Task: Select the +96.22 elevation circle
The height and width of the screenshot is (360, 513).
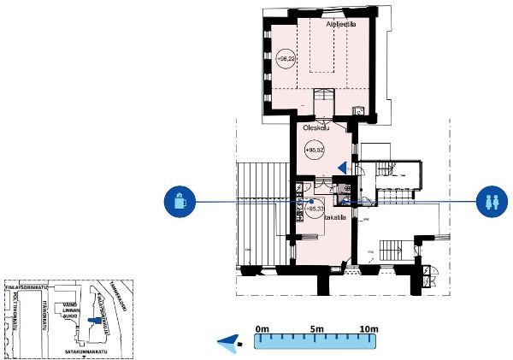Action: tap(286, 58)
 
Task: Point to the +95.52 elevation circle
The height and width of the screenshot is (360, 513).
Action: tap(315, 150)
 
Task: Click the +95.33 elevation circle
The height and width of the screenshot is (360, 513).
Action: tap(315, 206)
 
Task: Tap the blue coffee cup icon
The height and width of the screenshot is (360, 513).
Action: tap(180, 202)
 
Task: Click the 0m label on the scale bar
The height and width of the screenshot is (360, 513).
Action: tap(262, 328)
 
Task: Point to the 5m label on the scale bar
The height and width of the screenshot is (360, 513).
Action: tap(316, 328)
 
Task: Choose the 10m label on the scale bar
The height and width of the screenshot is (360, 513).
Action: tap(369, 328)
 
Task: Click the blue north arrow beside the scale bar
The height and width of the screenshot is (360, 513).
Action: tap(229, 343)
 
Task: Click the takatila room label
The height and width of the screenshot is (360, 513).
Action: tap(334, 218)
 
